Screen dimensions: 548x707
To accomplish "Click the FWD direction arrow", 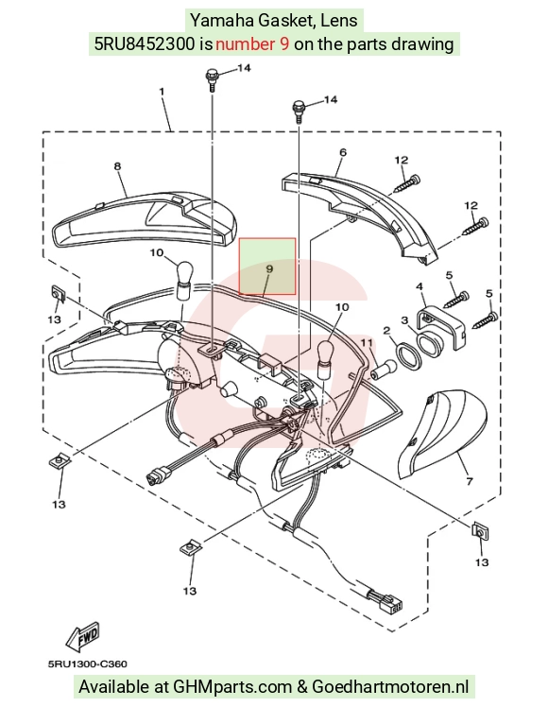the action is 82,637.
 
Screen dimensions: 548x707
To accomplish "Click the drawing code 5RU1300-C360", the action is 88,664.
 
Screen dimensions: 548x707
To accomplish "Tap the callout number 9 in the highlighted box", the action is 269,268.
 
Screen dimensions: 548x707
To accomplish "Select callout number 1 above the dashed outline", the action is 162,92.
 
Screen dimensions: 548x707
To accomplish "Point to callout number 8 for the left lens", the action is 117,166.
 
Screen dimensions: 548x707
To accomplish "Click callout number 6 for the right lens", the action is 343,152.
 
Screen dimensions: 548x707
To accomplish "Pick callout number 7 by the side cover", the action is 470,481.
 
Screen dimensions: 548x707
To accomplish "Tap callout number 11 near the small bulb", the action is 367,344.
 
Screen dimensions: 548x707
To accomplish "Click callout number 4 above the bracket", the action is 420,286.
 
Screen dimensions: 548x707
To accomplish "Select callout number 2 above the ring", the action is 386,331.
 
